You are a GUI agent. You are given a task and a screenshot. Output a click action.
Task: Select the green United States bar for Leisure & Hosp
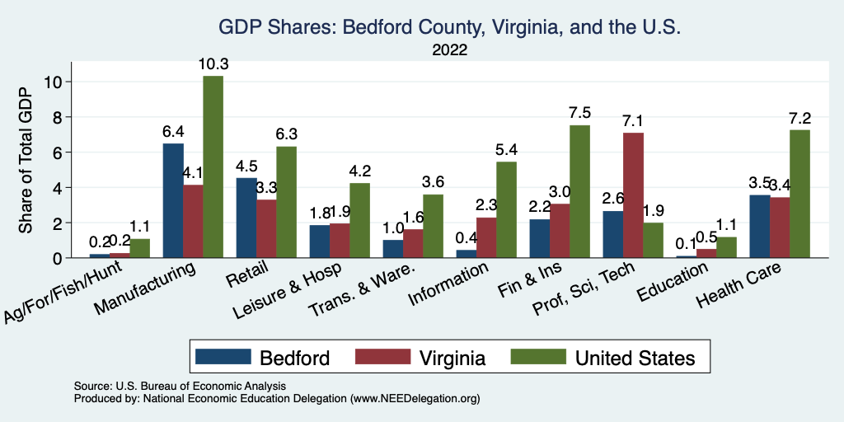pyautogui.click(x=359, y=220)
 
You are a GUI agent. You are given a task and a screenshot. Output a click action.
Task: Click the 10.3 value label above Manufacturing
pyautogui.click(x=213, y=64)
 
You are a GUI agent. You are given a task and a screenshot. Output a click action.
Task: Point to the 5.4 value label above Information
pyautogui.click(x=506, y=151)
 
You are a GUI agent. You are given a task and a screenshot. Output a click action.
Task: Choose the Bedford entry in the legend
pyautogui.click(x=294, y=358)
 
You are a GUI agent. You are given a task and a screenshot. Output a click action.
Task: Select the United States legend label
pyautogui.click(x=635, y=358)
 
